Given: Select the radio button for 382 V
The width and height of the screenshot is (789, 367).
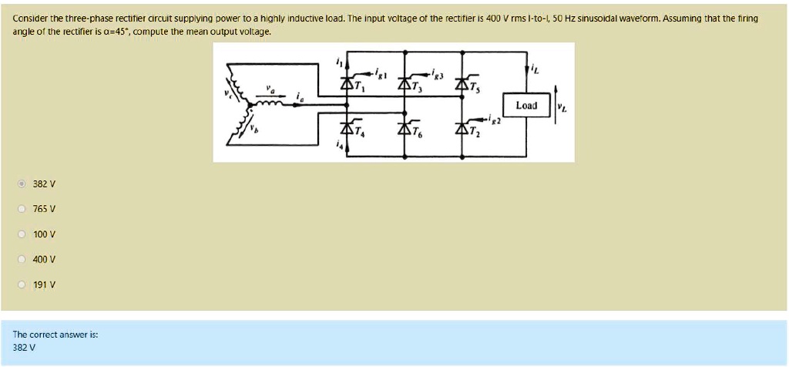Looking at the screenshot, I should click(x=22, y=184).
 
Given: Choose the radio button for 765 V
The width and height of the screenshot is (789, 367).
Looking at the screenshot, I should click(x=22, y=209).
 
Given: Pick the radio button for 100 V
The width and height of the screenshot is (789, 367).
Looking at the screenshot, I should click(x=22, y=234).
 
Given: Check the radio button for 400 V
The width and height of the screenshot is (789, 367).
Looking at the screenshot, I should click(x=22, y=259).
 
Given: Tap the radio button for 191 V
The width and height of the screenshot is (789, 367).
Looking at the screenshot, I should click(x=22, y=285).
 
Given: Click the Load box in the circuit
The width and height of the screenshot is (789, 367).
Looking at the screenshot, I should click(x=525, y=105).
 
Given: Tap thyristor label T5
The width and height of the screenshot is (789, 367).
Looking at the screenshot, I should click(x=478, y=87).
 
